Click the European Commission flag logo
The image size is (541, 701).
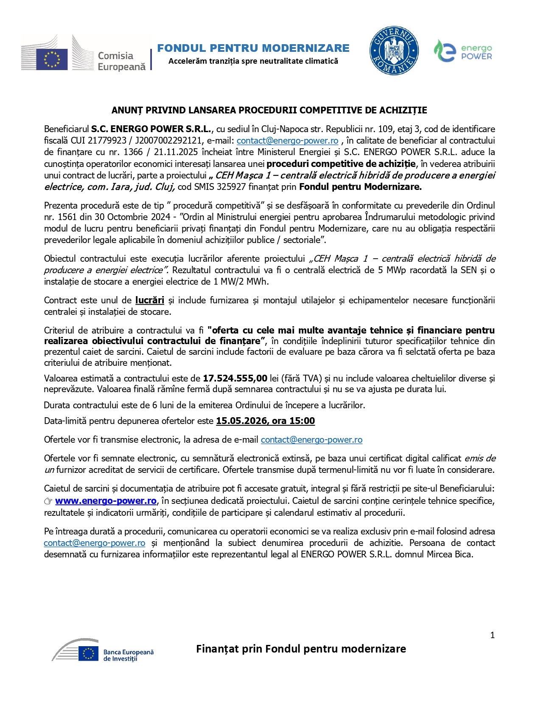52,59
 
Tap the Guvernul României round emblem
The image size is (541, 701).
394,51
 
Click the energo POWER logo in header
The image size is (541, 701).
463,51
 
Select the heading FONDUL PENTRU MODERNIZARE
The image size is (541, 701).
253,48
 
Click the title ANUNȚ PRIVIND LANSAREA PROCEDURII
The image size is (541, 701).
269,110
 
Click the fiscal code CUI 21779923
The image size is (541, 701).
99,141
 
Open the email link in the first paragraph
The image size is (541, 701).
287,141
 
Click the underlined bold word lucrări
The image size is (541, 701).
150,300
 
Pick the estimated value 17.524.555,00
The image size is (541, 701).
235,378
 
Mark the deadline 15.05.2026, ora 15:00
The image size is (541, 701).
265,421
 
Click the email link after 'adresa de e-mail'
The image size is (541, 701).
311,440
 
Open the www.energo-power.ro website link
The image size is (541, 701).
106,501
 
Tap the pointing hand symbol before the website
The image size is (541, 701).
48,501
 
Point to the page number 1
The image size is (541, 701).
492,635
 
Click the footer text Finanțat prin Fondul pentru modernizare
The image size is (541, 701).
301,649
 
